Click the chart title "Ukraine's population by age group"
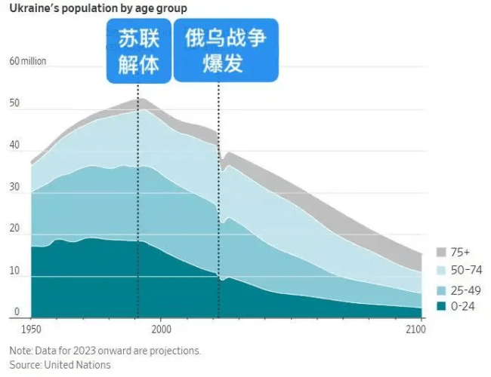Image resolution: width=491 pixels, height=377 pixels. click(98, 8)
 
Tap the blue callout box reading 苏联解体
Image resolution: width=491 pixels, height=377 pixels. click(138, 51)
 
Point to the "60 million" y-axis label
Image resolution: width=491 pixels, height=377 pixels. click(27, 61)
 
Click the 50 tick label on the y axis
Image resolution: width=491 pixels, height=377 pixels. click(14, 103)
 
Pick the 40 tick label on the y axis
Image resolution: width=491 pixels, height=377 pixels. click(14, 145)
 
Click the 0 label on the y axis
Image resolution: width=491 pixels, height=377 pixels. click(16, 311)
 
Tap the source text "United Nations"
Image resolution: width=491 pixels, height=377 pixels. click(77, 365)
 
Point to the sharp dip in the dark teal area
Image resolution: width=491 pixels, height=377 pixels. click(221, 280)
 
